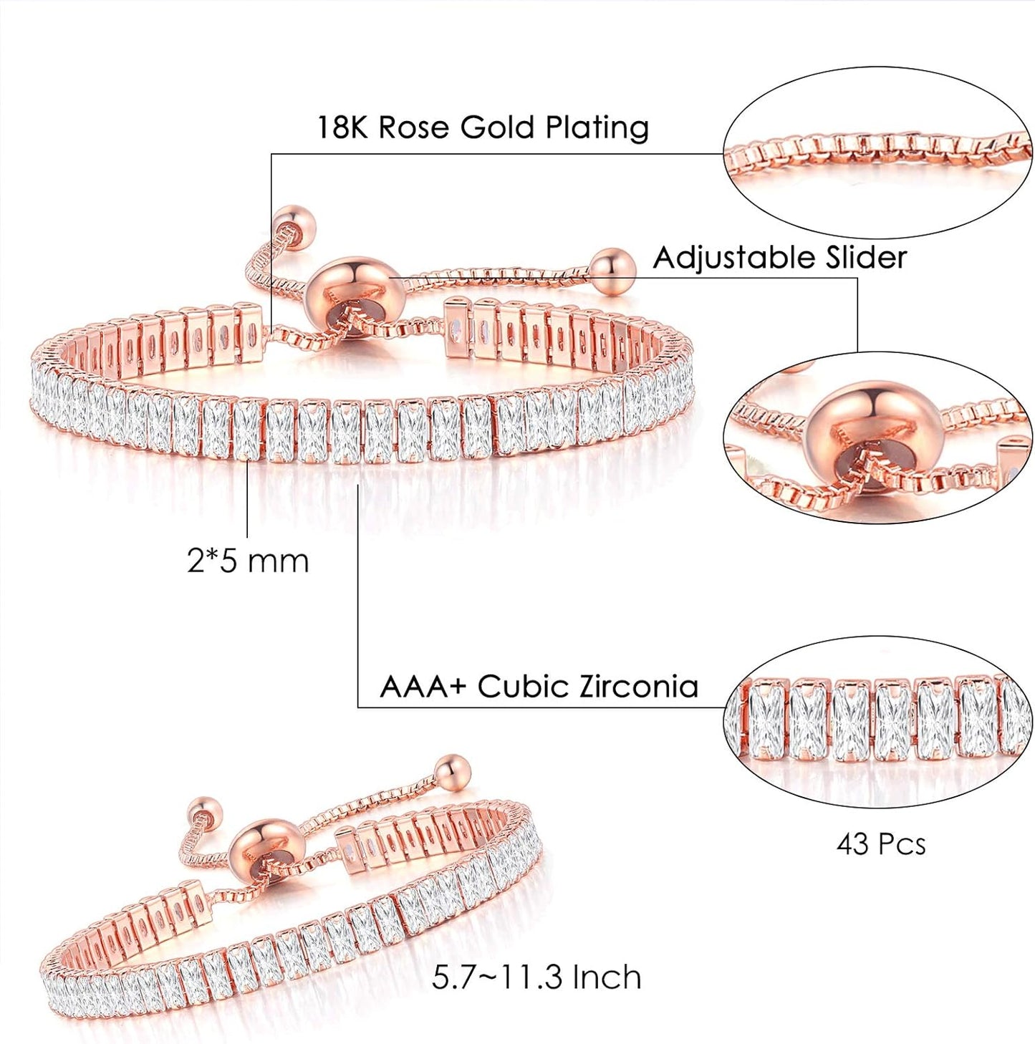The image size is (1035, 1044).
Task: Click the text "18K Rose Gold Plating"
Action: pyautogui.click(x=482, y=128)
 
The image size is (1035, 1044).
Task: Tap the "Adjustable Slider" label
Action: pyautogui.click(x=779, y=257)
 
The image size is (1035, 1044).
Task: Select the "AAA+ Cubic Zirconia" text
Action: pyautogui.click(x=539, y=686)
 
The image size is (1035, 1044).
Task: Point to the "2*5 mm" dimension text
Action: pyautogui.click(x=248, y=561)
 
